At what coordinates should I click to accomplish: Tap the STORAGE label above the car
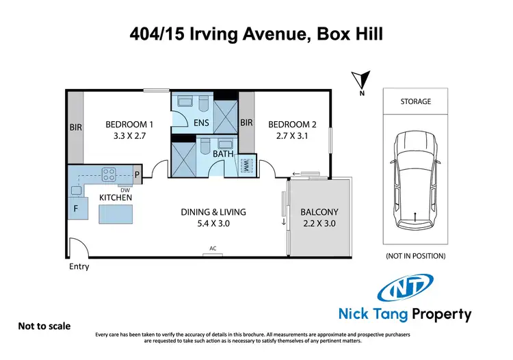(415, 101)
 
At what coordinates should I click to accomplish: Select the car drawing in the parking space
(415, 179)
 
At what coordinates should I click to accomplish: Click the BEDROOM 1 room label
(129, 125)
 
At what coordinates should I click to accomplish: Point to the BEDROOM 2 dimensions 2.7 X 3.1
(292, 136)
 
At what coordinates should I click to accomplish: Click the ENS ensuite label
(201, 124)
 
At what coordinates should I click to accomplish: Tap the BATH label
(223, 155)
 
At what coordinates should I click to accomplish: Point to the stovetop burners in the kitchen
(109, 174)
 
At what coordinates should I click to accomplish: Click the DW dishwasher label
(124, 190)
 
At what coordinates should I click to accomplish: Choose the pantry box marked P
(137, 175)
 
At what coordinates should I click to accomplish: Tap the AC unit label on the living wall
(213, 248)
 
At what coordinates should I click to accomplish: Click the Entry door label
(79, 266)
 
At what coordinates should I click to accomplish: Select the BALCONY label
(319, 212)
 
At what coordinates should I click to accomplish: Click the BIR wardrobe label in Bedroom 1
(75, 127)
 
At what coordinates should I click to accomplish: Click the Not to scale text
(44, 326)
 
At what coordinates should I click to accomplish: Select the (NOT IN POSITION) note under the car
(415, 256)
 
